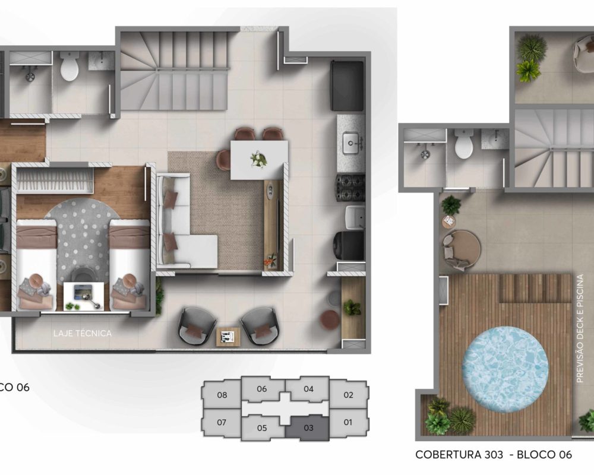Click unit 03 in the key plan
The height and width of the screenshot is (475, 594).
308,427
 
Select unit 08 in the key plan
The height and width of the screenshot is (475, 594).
222,394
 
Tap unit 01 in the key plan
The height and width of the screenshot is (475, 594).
348,422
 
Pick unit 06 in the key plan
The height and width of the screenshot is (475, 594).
262,389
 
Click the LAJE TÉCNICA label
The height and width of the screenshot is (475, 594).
83,333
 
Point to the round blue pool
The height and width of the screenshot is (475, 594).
505,367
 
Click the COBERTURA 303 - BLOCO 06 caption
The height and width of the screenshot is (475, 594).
493,454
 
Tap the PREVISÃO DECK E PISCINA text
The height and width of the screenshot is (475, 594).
579,328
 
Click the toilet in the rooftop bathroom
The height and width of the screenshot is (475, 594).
464,144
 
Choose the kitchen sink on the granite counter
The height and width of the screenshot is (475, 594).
351,143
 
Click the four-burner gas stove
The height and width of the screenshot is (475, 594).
350,188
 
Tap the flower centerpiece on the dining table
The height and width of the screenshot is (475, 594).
260,159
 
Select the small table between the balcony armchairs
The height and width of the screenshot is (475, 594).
228,337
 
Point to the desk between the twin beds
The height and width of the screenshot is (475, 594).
83,296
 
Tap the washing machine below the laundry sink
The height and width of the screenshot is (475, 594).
349,245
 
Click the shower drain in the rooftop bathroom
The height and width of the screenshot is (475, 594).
425,154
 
